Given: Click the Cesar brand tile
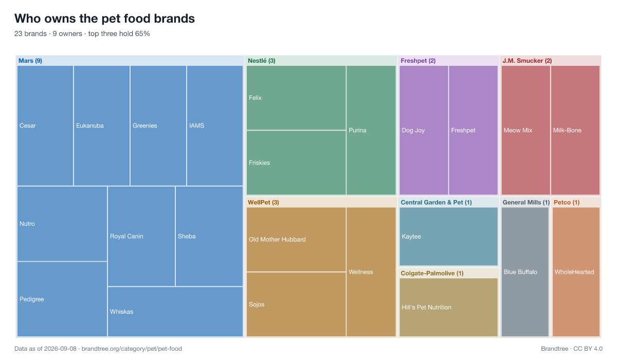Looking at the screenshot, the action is pyautogui.click(x=45, y=125).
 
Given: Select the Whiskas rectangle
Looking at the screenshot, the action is pyautogui.click(x=175, y=312).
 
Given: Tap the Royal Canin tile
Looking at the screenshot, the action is pyautogui.click(x=141, y=237).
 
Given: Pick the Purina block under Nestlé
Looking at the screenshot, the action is pyautogui.click(x=371, y=130).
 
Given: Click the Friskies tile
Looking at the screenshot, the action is pyautogui.click(x=296, y=163).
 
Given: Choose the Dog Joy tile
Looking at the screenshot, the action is pyautogui.click(x=424, y=130).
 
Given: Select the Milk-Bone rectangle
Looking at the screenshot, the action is pyautogui.click(x=575, y=130).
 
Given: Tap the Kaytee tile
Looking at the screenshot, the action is pyautogui.click(x=448, y=237).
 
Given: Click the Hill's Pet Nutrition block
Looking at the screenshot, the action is pyautogui.click(x=448, y=308).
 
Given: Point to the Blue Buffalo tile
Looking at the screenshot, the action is pyautogui.click(x=525, y=272).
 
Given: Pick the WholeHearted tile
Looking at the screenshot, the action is pyautogui.click(x=576, y=272).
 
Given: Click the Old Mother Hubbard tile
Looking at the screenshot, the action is pyautogui.click(x=296, y=239).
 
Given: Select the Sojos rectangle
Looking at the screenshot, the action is pyautogui.click(x=296, y=304).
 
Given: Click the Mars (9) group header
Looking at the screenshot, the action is pyautogui.click(x=30, y=61).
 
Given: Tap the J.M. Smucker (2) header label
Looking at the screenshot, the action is pyautogui.click(x=527, y=61).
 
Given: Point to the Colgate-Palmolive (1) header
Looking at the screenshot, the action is pyautogui.click(x=432, y=273).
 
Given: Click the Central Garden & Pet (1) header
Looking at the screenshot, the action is pyautogui.click(x=436, y=203).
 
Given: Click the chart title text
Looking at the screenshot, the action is pyautogui.click(x=105, y=19).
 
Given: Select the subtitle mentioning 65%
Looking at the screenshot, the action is pyautogui.click(x=82, y=33).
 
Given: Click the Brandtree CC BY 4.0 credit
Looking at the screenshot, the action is pyautogui.click(x=572, y=349).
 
